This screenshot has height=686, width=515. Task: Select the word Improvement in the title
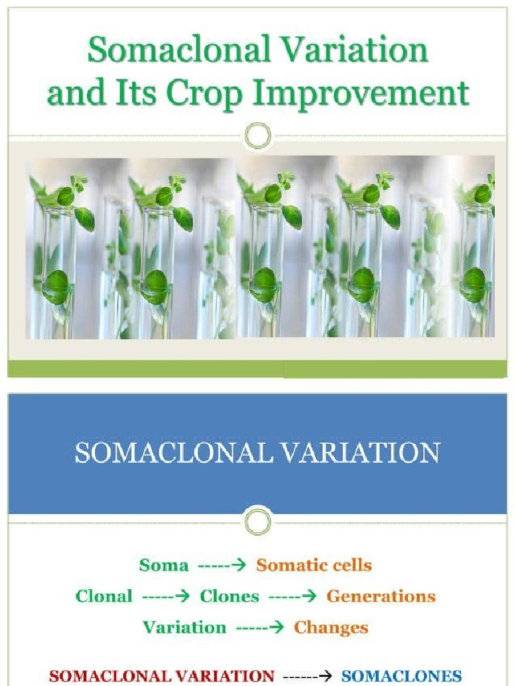coord(362,94)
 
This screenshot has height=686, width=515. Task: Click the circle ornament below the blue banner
coord(257,521)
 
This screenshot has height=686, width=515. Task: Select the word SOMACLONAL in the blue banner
coord(174,453)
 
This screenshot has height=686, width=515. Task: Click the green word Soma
coord(164,565)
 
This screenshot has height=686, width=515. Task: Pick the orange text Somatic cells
coord(314,565)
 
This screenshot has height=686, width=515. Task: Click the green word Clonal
coord(104,596)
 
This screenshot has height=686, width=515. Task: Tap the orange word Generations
coord(381,596)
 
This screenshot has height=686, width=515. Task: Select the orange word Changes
coord(331,628)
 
